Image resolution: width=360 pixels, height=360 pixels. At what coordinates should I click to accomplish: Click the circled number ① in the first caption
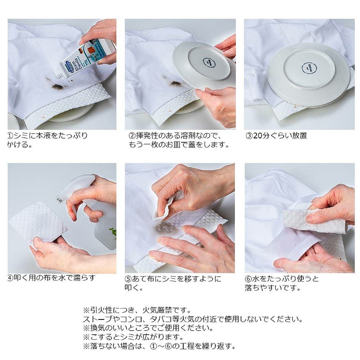pyautogui.click(x=11, y=136)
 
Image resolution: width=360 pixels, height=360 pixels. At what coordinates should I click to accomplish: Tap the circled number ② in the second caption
pyautogui.click(x=132, y=136)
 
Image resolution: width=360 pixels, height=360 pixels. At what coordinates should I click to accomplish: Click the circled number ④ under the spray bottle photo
pyautogui.click(x=11, y=278)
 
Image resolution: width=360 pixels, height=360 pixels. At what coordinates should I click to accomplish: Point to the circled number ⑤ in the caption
pyautogui.click(x=128, y=279)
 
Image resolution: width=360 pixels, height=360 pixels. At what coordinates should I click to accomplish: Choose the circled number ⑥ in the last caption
pyautogui.click(x=248, y=279)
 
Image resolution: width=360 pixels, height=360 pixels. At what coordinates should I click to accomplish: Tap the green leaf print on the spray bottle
pyautogui.click(x=113, y=230)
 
